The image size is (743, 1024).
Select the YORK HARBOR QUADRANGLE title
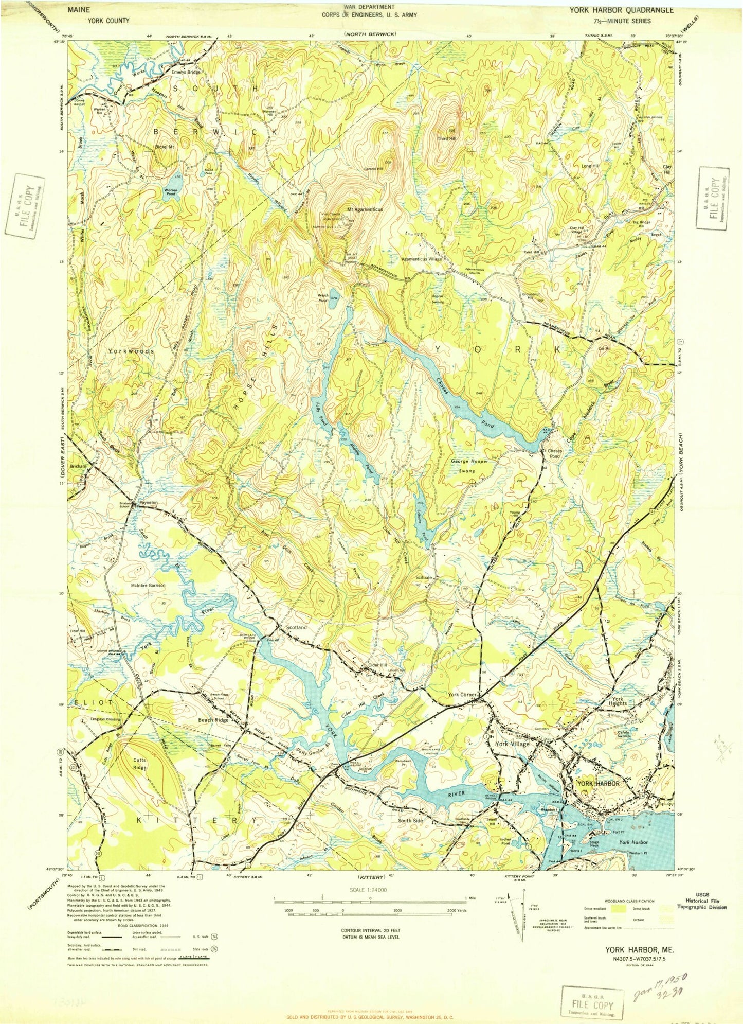pos(621,10)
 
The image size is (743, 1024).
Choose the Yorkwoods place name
pos(131,350)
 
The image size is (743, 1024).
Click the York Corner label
pos(463,695)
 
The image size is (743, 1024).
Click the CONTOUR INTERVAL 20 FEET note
pos(370,931)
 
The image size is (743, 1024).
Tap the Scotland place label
pos(296,627)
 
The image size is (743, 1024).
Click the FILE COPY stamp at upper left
pos(26,205)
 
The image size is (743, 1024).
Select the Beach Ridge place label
pos(213,720)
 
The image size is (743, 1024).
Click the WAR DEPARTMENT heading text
pos(369,7)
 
